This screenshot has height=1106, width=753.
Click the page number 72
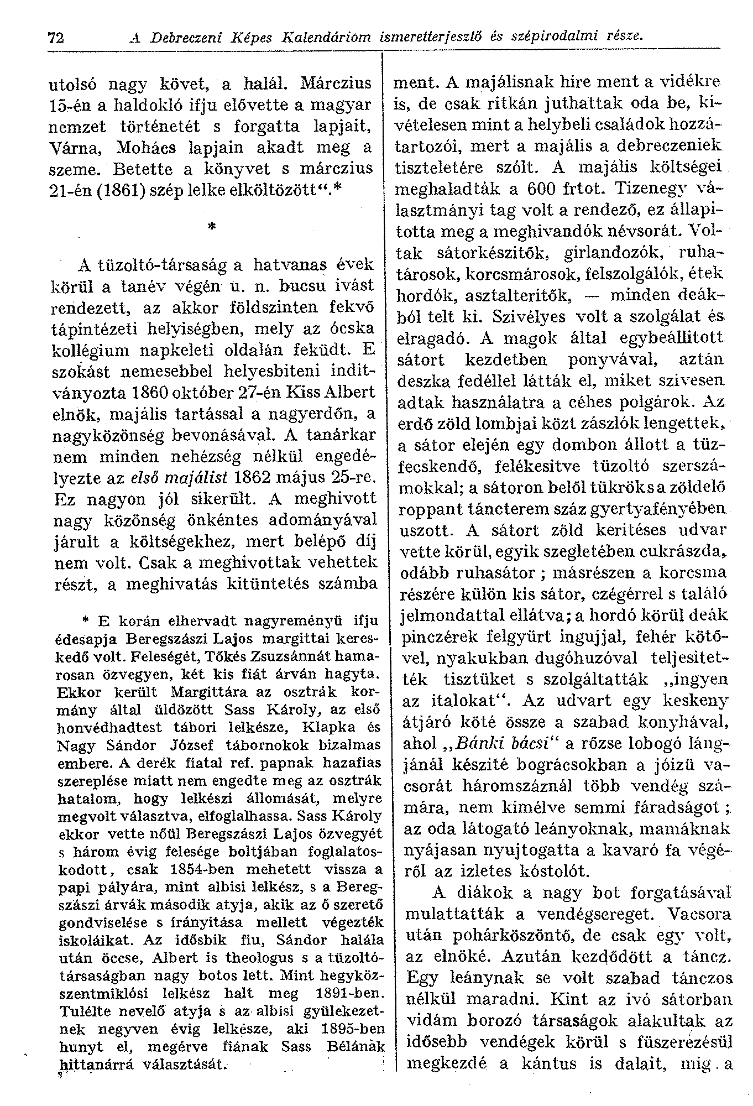point(56,38)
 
